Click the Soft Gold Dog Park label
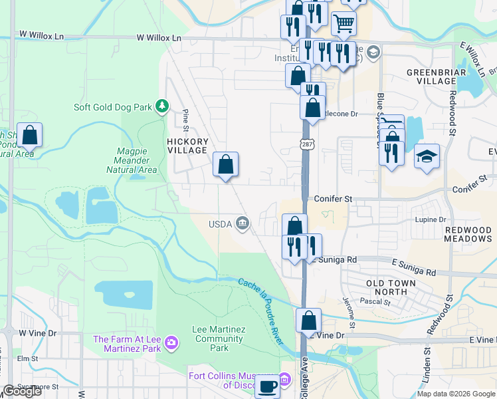[112, 106]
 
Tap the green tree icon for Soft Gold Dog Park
[161, 106]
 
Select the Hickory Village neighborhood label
[187, 146]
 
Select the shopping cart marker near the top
[344, 24]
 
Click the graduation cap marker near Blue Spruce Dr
[427, 156]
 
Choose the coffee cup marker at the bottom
[268, 386]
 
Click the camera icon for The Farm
[172, 342]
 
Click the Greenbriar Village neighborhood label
[431, 76]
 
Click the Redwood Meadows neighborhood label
[468, 234]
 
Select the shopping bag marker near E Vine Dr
[309, 321]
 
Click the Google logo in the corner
[23, 392]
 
